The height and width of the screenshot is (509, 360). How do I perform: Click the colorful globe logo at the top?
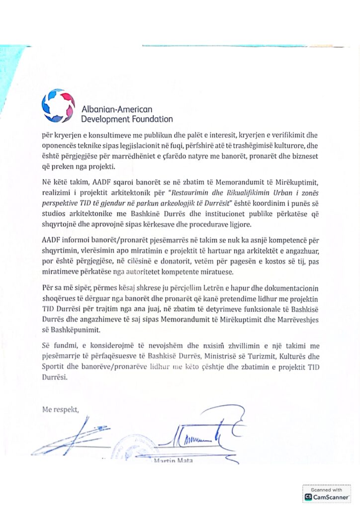pyautogui.click(x=58, y=105)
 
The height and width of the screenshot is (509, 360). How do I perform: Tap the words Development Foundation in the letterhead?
pyautogui.click(x=127, y=119)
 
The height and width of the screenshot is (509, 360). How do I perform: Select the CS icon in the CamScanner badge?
pyautogui.click(x=308, y=497)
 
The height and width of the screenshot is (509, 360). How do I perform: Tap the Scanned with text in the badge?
pyautogui.click(x=327, y=490)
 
